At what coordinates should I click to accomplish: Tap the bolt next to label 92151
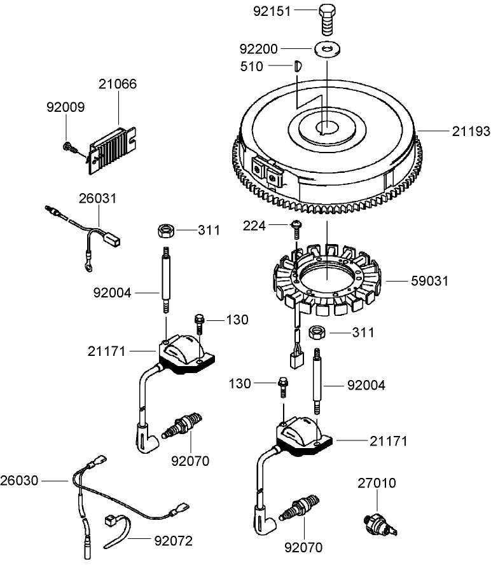coord(325,18)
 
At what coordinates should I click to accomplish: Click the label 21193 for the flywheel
coord(471,132)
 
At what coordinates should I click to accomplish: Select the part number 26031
coord(97,198)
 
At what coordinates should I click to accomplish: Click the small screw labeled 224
coord(296,226)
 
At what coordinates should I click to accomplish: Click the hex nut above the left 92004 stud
coord(166,229)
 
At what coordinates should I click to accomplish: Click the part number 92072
coord(173,541)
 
